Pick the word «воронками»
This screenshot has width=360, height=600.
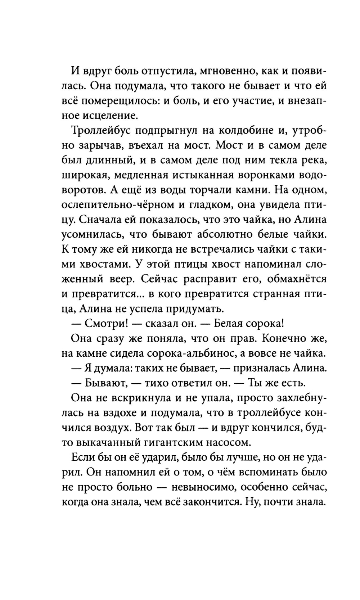(x=275, y=175)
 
